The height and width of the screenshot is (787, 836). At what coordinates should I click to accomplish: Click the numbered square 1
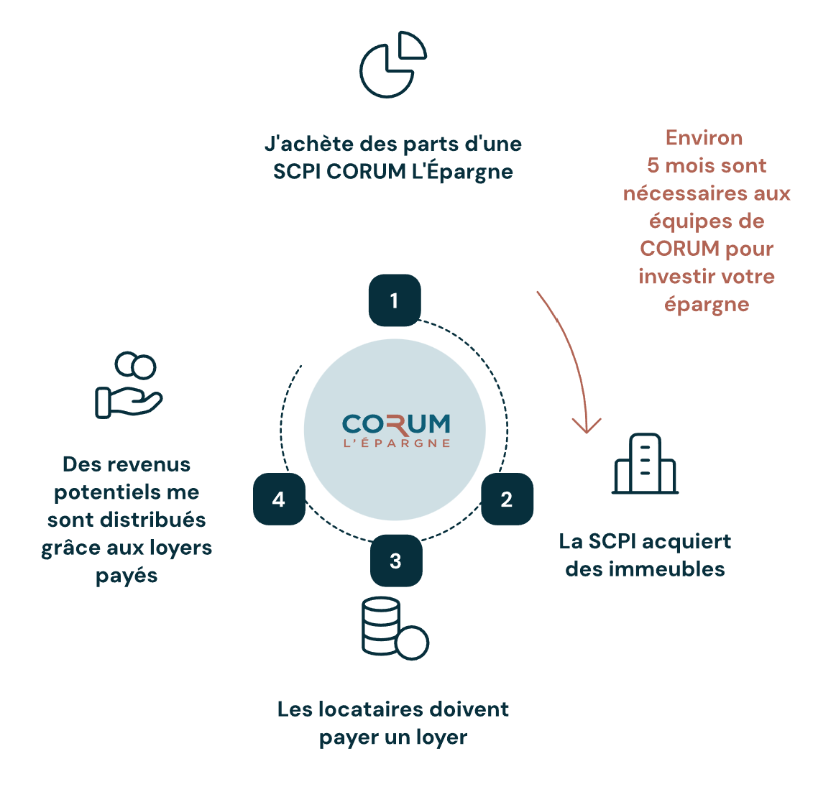(394, 300)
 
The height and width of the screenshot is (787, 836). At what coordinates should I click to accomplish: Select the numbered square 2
(507, 500)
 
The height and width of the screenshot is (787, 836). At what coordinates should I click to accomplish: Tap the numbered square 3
(395, 561)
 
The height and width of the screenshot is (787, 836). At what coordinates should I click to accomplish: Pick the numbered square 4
(279, 500)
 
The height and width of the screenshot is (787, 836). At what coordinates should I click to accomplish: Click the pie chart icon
(392, 64)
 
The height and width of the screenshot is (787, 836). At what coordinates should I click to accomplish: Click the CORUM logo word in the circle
(396, 424)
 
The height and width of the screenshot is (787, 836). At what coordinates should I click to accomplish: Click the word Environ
(704, 137)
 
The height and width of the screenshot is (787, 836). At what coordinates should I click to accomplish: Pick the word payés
(127, 576)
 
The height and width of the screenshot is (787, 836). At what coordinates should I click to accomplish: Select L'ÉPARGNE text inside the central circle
(396, 443)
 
